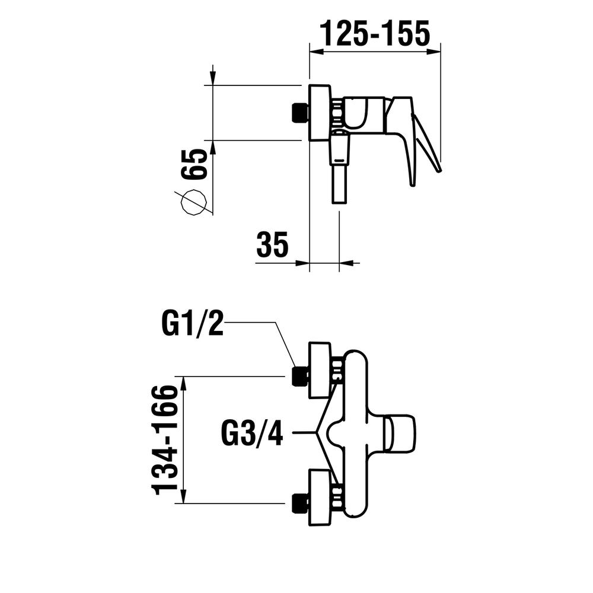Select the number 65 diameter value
tap(195, 164)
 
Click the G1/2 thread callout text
tap(192, 324)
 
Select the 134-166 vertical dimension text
tap(165, 440)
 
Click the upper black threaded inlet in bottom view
tap(300, 376)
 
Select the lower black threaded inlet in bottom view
tap(300, 503)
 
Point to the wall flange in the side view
tap(319, 113)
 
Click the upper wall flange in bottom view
tap(320, 370)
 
